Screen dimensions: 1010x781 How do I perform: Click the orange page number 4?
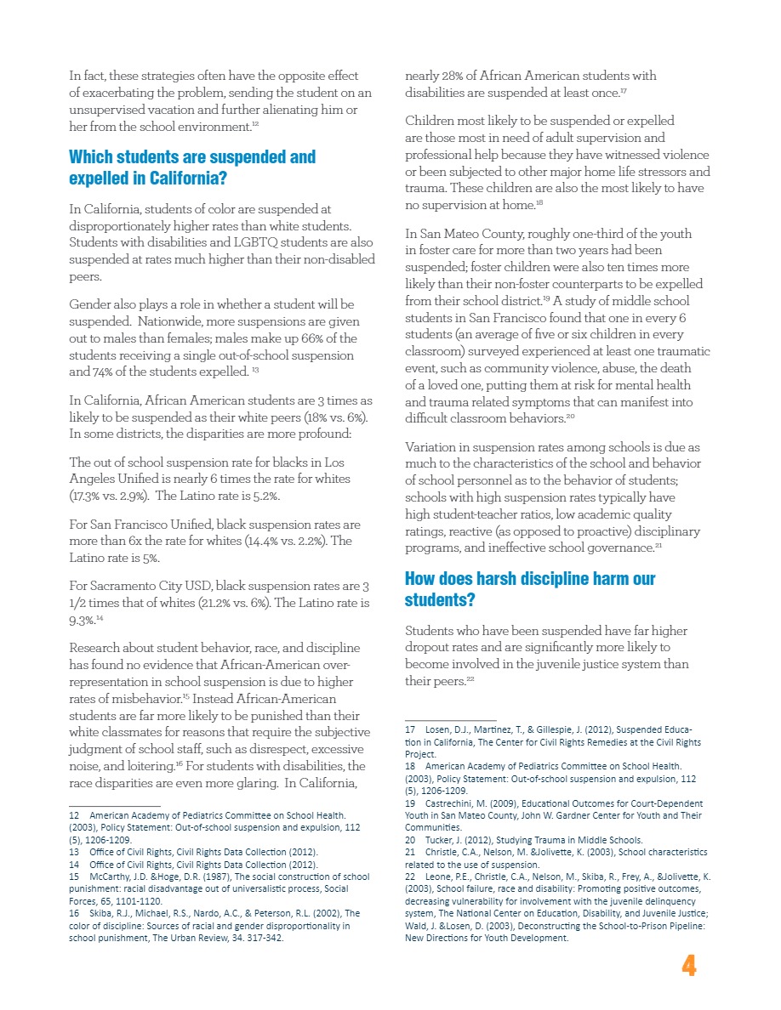click(689, 966)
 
